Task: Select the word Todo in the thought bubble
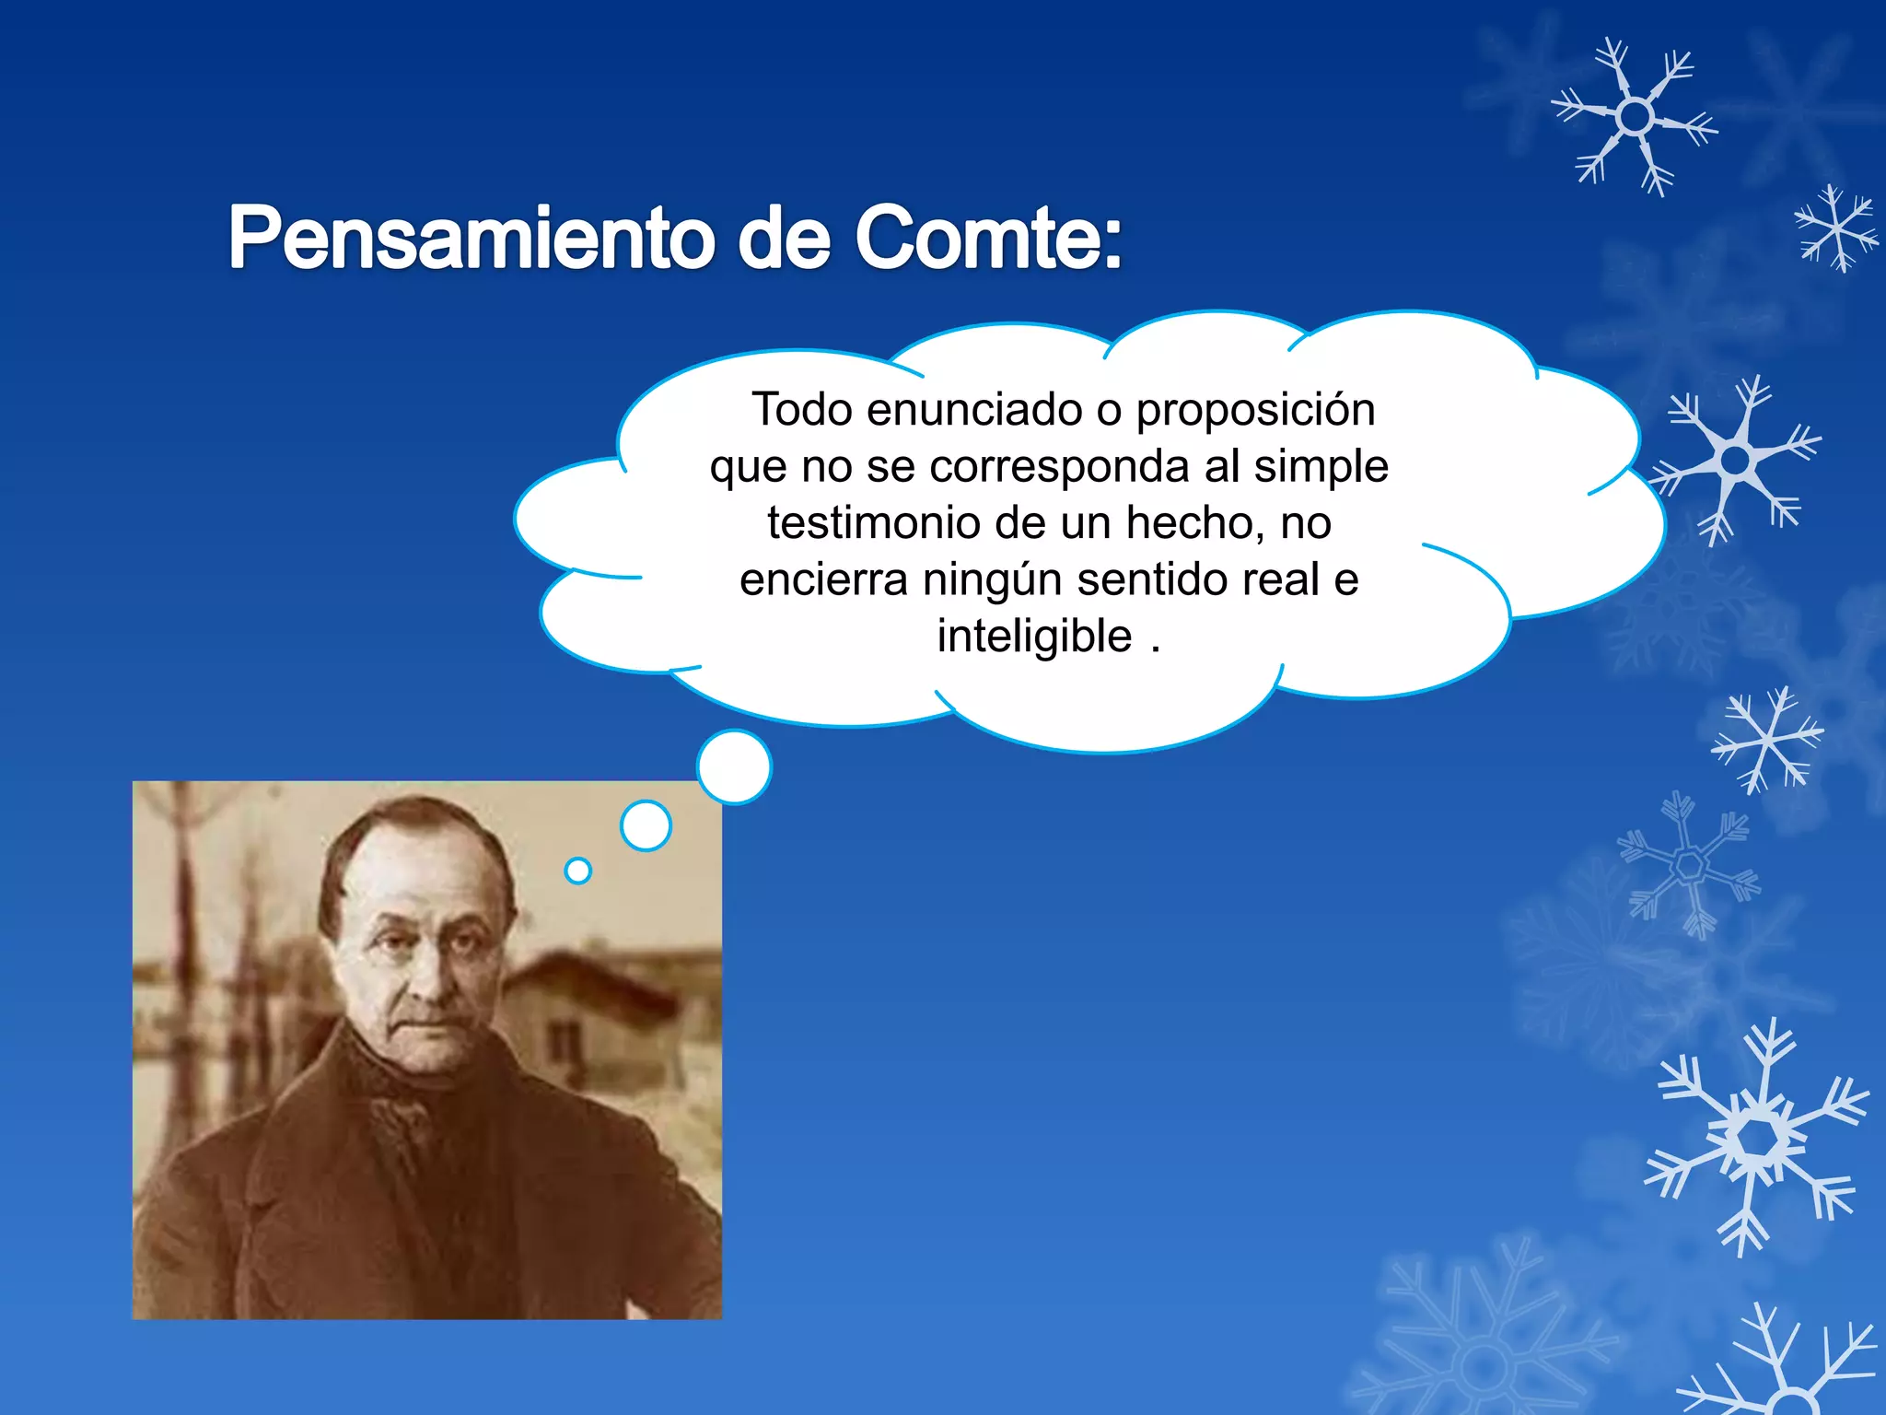pyautogui.click(x=801, y=409)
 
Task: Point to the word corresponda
pyautogui.click(x=1059, y=466)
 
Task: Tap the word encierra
pyautogui.click(x=823, y=579)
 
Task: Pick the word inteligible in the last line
pyautogui.click(x=1034, y=637)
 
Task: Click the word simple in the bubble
pyautogui.click(x=1321, y=467)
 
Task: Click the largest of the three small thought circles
pyautogui.click(x=734, y=766)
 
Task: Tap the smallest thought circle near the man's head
pyautogui.click(x=577, y=871)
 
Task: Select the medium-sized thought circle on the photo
pyautogui.click(x=646, y=825)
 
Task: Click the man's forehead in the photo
pyautogui.click(x=414, y=875)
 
